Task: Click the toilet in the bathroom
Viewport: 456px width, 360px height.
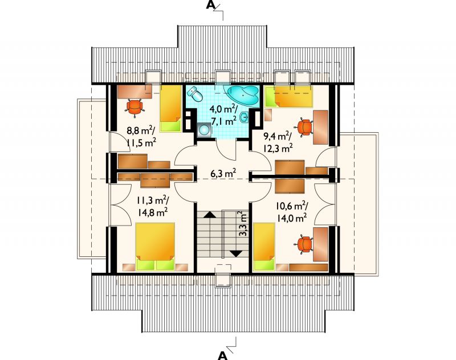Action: point(196,94)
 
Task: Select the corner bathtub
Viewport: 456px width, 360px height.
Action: point(244,95)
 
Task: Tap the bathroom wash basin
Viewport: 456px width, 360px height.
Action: point(245,118)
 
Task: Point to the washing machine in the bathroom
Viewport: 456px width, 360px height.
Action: point(205,129)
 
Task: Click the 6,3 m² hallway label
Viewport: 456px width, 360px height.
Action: point(223,174)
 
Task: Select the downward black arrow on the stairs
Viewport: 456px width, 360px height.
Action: point(236,253)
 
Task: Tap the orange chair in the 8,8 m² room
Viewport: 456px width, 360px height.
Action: point(135,108)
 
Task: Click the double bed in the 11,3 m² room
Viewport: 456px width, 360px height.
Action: point(155,247)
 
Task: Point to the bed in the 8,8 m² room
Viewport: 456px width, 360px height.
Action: point(170,108)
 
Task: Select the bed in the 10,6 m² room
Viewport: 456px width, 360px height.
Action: point(264,247)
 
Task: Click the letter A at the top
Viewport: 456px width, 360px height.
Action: point(210,5)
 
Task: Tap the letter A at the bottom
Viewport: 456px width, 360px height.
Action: point(222,355)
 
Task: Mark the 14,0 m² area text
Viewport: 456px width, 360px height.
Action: point(292,218)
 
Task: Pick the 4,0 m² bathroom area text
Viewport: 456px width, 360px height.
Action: point(223,109)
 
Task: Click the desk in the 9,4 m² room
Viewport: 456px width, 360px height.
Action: point(321,127)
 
